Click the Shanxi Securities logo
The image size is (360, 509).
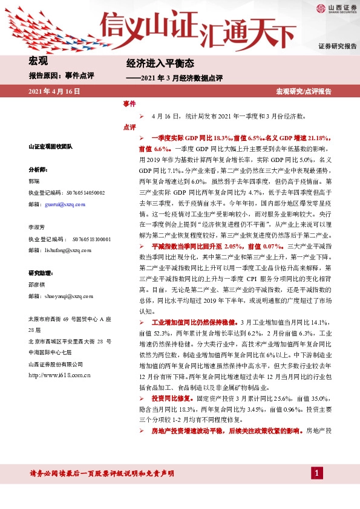point(333,8)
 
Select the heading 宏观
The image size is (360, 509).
point(38,60)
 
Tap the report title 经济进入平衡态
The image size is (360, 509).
point(151,63)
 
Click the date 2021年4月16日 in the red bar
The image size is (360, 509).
point(54,91)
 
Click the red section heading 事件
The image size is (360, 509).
point(129,104)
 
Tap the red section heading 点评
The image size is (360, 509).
point(129,128)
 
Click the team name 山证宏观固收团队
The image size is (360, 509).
point(50,146)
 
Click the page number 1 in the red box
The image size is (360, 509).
point(316,473)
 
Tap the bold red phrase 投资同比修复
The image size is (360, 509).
point(172,398)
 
